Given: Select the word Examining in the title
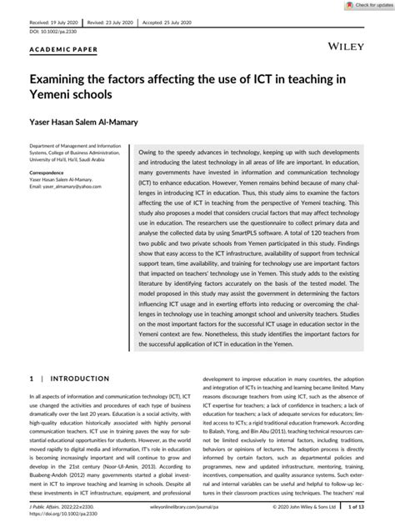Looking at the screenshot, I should coord(64,79).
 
